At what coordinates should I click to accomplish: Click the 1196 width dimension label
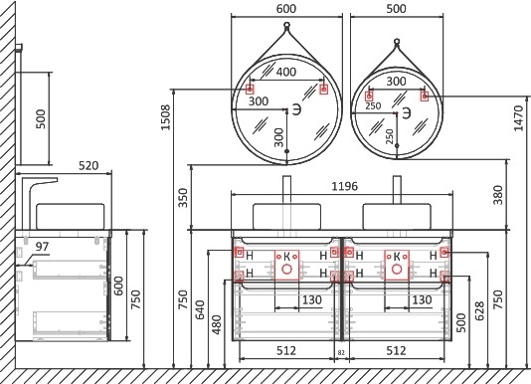tap(344, 186)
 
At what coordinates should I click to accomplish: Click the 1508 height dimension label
tap(166, 117)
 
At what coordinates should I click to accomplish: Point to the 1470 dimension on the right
tap(518, 118)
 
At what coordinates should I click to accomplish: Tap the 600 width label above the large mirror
tap(286, 9)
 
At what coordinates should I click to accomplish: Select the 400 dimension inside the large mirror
tap(286, 72)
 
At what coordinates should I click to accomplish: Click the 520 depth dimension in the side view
tap(88, 166)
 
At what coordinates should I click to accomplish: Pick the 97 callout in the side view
tap(42, 247)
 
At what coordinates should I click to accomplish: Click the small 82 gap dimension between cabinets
tap(341, 353)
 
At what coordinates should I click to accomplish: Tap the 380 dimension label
tap(498, 195)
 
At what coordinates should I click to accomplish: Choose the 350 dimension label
tap(183, 198)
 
